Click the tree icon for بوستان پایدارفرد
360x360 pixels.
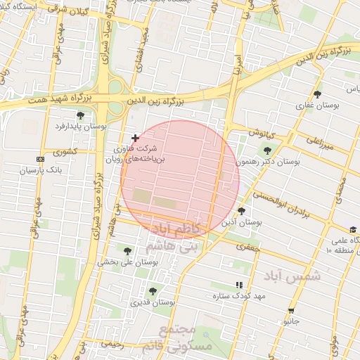click(80, 115)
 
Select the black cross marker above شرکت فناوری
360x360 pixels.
click(135, 138)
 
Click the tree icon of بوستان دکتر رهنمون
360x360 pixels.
click(266, 150)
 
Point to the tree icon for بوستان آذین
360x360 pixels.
click(242, 211)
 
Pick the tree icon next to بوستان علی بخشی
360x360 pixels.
click(127, 251)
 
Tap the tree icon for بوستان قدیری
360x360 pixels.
click(153, 291)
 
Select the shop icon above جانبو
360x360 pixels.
click(291, 311)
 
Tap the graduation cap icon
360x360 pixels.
click(352, 230)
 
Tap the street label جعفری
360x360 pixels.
click(249, 247)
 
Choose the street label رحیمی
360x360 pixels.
click(112, 345)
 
